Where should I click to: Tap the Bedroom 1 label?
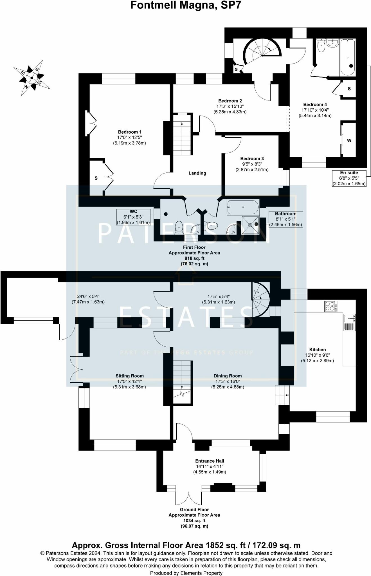point(129,132)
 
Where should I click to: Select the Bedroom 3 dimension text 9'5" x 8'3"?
point(252,164)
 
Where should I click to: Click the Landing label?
point(197,173)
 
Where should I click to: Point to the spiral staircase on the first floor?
point(262,52)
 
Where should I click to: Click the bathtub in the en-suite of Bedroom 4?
point(348,57)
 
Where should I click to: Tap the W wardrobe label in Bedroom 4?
point(349,140)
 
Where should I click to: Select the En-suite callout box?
point(349,178)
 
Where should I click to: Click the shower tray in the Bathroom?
point(250,225)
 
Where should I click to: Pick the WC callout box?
point(133,217)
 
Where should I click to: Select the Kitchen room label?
point(318,350)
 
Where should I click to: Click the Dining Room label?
point(228,376)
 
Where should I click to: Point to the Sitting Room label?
point(129,376)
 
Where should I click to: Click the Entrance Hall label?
point(210,461)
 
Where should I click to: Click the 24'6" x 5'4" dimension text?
point(88,296)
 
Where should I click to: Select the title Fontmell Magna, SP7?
point(186,5)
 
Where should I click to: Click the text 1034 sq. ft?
point(194,521)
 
